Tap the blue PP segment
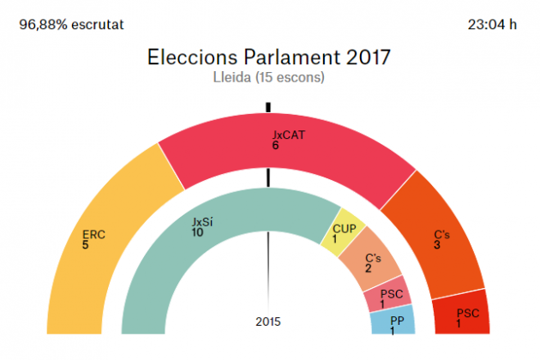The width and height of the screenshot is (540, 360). [x=393, y=323]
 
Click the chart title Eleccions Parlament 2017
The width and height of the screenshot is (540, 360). [x=269, y=57]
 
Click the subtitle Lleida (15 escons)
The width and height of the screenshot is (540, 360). [x=269, y=77]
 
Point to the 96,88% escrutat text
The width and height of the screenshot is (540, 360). [x=70, y=24]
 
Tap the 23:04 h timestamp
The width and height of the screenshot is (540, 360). [x=493, y=24]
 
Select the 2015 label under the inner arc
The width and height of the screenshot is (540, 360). [x=267, y=322]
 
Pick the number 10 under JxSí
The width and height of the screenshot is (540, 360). [x=198, y=232]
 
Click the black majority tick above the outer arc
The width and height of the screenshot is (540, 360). [x=268, y=107]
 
